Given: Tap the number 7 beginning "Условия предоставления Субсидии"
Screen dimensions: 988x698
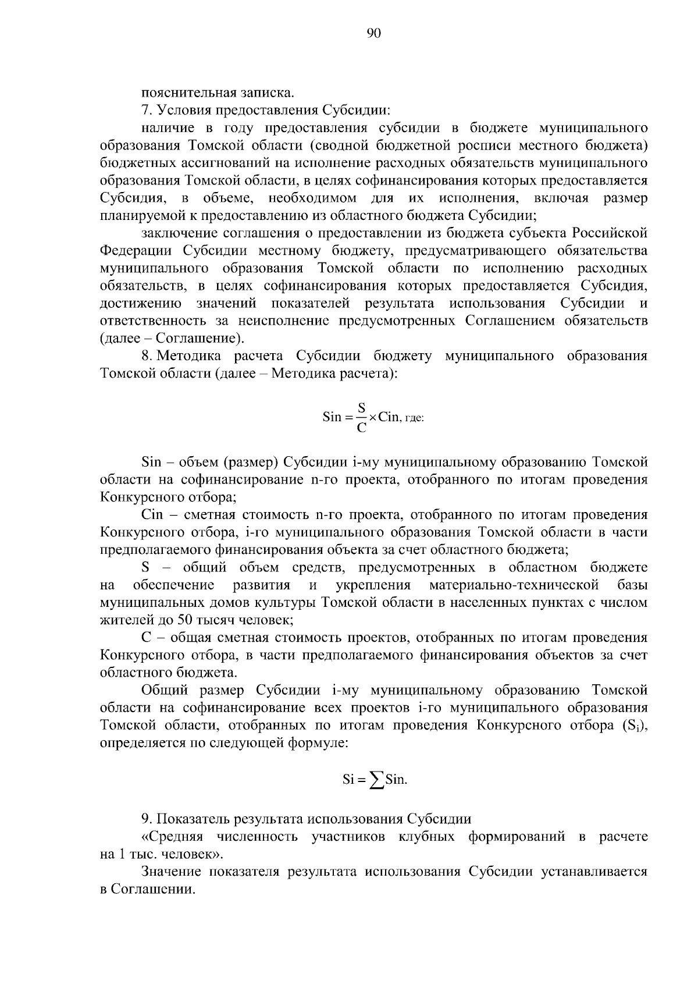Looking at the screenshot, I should pyautogui.click(x=145, y=110).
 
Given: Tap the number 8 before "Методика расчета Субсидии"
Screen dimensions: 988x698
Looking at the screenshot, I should pyautogui.click(x=145, y=356).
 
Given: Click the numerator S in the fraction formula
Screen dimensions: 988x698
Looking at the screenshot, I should pyautogui.click(x=361, y=407).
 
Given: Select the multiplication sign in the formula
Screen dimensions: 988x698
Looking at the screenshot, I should pyautogui.click(x=373, y=417).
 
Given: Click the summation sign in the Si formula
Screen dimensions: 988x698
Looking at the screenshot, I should pyautogui.click(x=377, y=780).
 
